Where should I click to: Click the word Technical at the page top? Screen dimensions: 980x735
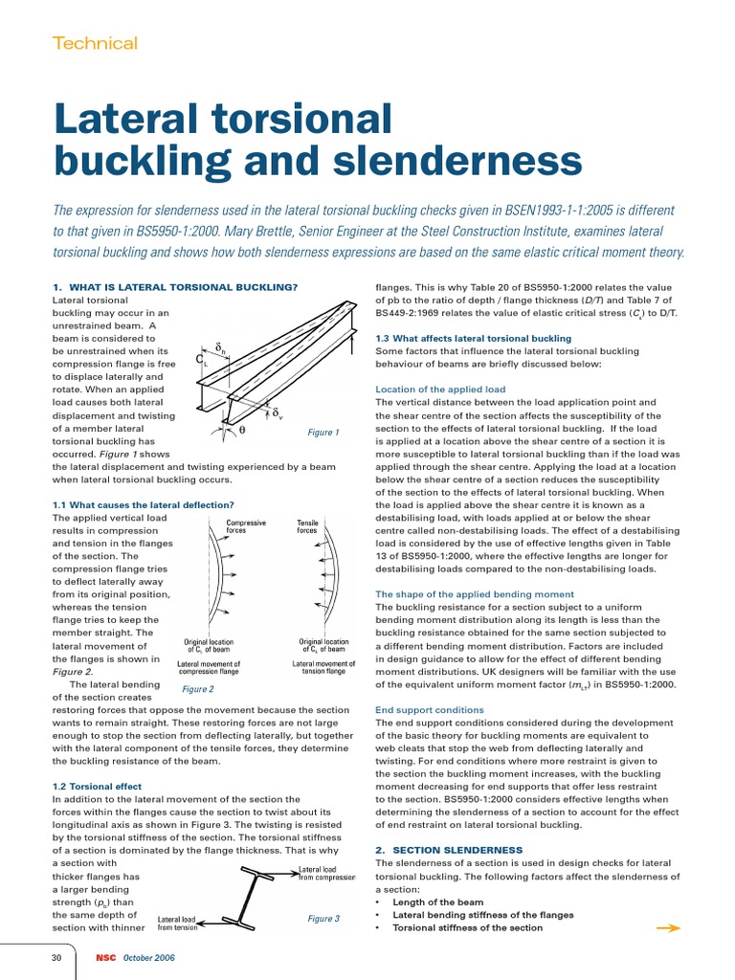(95, 43)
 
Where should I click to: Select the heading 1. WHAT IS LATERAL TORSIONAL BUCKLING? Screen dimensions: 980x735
(175, 287)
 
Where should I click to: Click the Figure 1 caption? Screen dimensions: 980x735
(323, 433)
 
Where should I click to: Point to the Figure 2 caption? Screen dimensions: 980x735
(197, 688)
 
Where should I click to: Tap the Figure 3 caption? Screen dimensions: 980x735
(323, 919)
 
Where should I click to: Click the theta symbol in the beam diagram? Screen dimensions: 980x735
(242, 430)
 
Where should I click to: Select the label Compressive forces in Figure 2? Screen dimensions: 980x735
(246, 526)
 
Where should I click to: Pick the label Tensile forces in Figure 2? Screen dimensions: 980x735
(308, 526)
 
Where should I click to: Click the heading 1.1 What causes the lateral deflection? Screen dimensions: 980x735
(143, 504)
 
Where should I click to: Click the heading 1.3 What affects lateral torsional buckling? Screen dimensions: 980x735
(473, 338)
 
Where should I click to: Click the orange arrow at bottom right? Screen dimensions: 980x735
(668, 927)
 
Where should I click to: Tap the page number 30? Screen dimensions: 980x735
(56, 958)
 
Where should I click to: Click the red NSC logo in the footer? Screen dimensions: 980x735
(105, 958)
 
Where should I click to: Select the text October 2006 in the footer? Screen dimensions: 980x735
(148, 958)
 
